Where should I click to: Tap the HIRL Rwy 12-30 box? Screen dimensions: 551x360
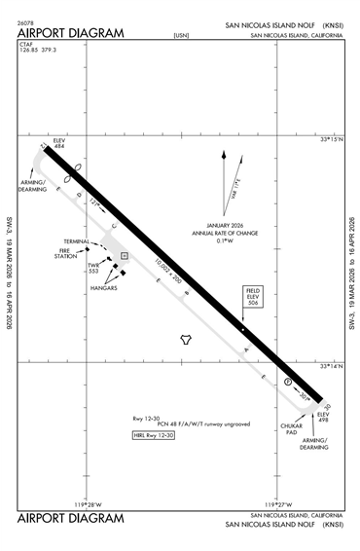point(155,435)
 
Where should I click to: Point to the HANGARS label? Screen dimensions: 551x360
point(104,288)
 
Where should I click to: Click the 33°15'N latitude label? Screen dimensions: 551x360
point(333,140)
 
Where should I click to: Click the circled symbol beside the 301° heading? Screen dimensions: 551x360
point(288,383)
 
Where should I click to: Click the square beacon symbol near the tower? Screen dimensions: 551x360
point(125,256)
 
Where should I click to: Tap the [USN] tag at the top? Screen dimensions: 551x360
point(180,35)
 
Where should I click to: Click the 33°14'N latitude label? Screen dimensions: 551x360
point(333,366)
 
